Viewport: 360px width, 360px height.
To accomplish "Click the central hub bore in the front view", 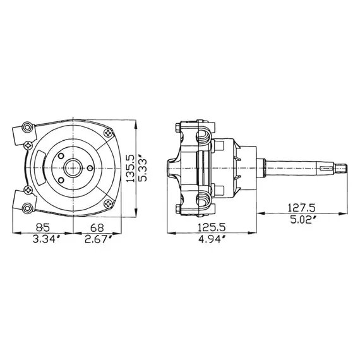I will coord(74,167).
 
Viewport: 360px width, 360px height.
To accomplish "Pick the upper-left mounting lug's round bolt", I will coord(26,128).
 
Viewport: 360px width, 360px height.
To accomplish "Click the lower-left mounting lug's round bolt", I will coord(26,208).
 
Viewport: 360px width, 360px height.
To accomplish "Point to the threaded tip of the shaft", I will coord(344,168).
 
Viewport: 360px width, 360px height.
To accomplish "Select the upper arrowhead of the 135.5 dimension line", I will coord(136,123).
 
